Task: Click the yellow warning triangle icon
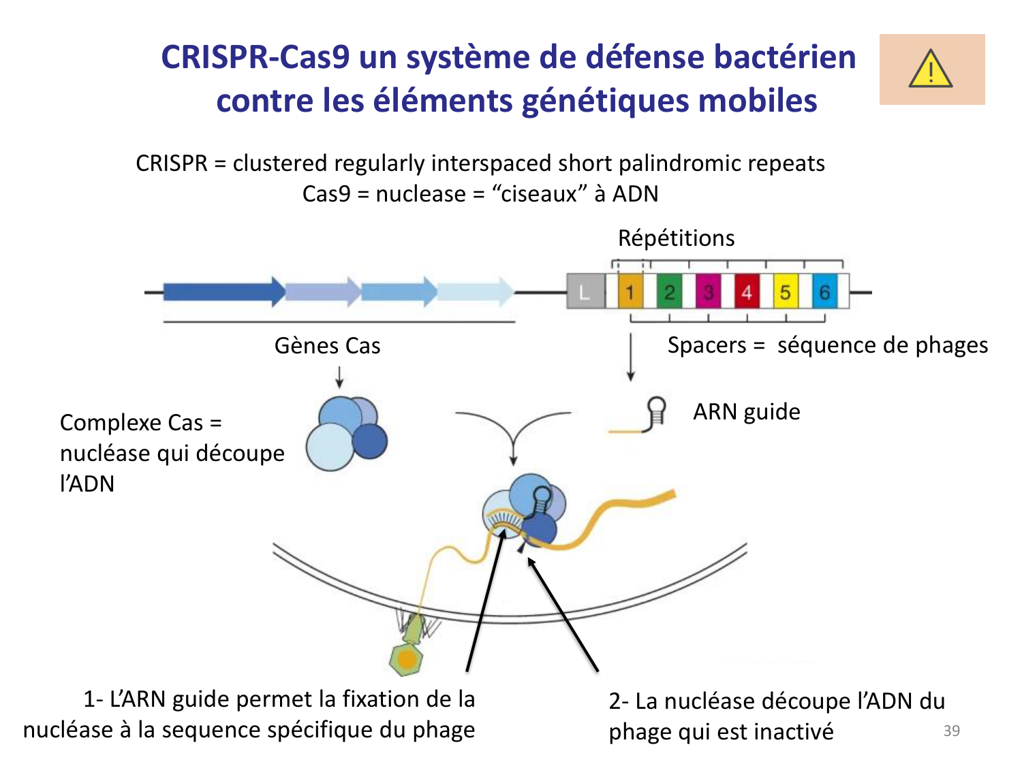930,69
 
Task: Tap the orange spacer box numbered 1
630,293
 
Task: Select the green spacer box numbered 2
669,293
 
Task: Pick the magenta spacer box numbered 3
708,293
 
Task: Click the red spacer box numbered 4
747,293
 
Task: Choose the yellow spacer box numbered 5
786,293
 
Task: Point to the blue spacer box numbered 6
824,293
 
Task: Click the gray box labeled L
585,293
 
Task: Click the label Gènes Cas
327,346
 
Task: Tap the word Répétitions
676,238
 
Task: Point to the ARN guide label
746,412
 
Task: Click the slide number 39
951,731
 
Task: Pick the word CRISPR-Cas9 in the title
255,57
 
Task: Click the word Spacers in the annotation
707,345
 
